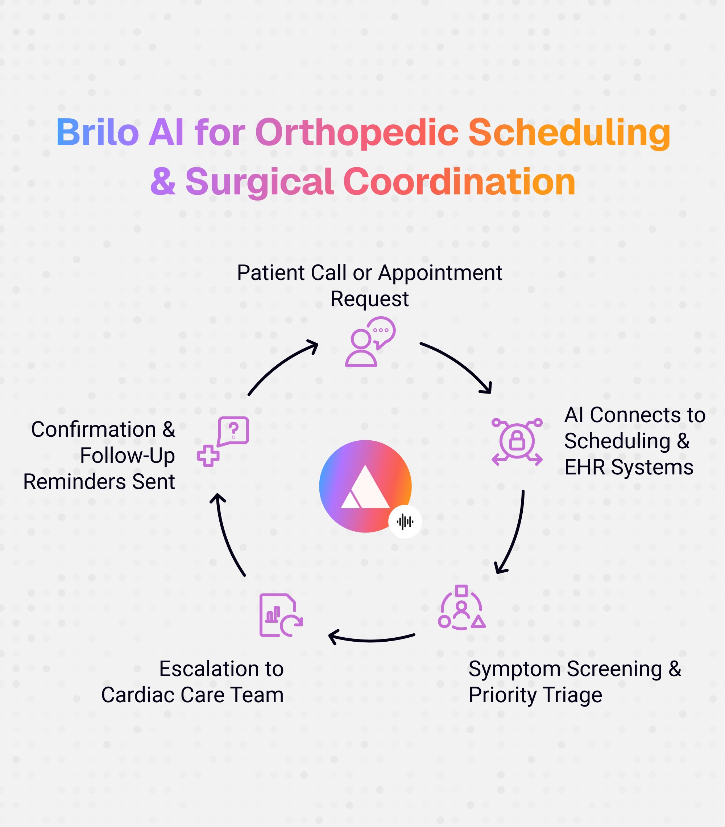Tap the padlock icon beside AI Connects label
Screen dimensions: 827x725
517,441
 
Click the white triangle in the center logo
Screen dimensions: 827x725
365,487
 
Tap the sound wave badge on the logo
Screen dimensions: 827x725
405,522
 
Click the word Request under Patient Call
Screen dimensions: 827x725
370,299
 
